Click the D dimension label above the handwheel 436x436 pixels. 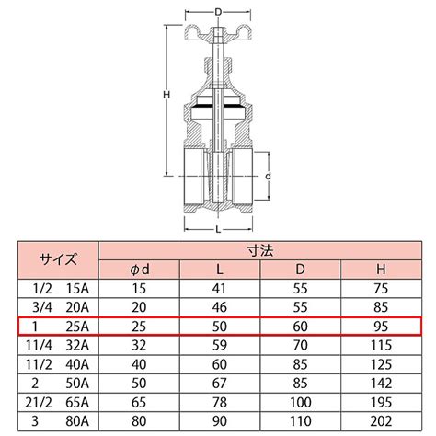pyautogui.click(x=218, y=12)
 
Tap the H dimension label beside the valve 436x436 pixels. pyautogui.click(x=166, y=95)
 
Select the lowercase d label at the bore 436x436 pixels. pyautogui.click(x=268, y=177)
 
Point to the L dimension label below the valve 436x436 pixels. pyautogui.click(x=218, y=229)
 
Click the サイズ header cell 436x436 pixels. pyautogui.click(x=58, y=259)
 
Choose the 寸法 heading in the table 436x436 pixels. pyautogui.click(x=260, y=251)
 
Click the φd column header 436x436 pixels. pyautogui.click(x=140, y=270)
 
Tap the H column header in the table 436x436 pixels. pyautogui.click(x=381, y=270)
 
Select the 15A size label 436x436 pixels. pyautogui.click(x=77, y=289)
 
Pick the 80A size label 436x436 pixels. pyautogui.click(x=77, y=421)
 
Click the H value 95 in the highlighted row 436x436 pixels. pyautogui.click(x=381, y=327)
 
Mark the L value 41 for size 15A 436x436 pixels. pyautogui.click(x=220, y=289)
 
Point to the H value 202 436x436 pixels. pyautogui.click(x=381, y=421)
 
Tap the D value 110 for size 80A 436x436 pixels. pyautogui.click(x=300, y=421)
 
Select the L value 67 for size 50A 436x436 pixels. pyautogui.click(x=220, y=384)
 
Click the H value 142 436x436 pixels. pyautogui.click(x=381, y=384)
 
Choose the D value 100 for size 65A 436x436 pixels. pyautogui.click(x=300, y=402)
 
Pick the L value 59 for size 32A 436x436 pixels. pyautogui.click(x=220, y=346)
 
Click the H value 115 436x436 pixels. pyautogui.click(x=381, y=346)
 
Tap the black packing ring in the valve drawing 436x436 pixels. pyautogui.click(x=218, y=106)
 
